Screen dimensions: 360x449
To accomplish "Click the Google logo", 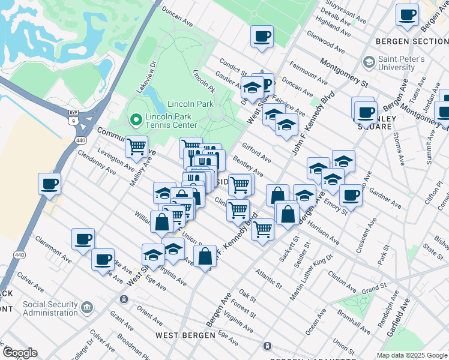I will [x=19, y=353].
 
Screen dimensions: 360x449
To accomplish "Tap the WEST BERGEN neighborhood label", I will [x=181, y=335].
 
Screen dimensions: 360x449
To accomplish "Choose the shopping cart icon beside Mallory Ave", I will [x=137, y=145].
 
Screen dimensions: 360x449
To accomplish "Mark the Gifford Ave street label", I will [x=256, y=152].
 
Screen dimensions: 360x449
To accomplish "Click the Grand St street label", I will [x=373, y=290].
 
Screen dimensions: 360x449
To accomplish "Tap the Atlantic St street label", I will [x=268, y=277].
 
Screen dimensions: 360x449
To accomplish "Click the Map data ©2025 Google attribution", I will [x=412, y=355].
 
